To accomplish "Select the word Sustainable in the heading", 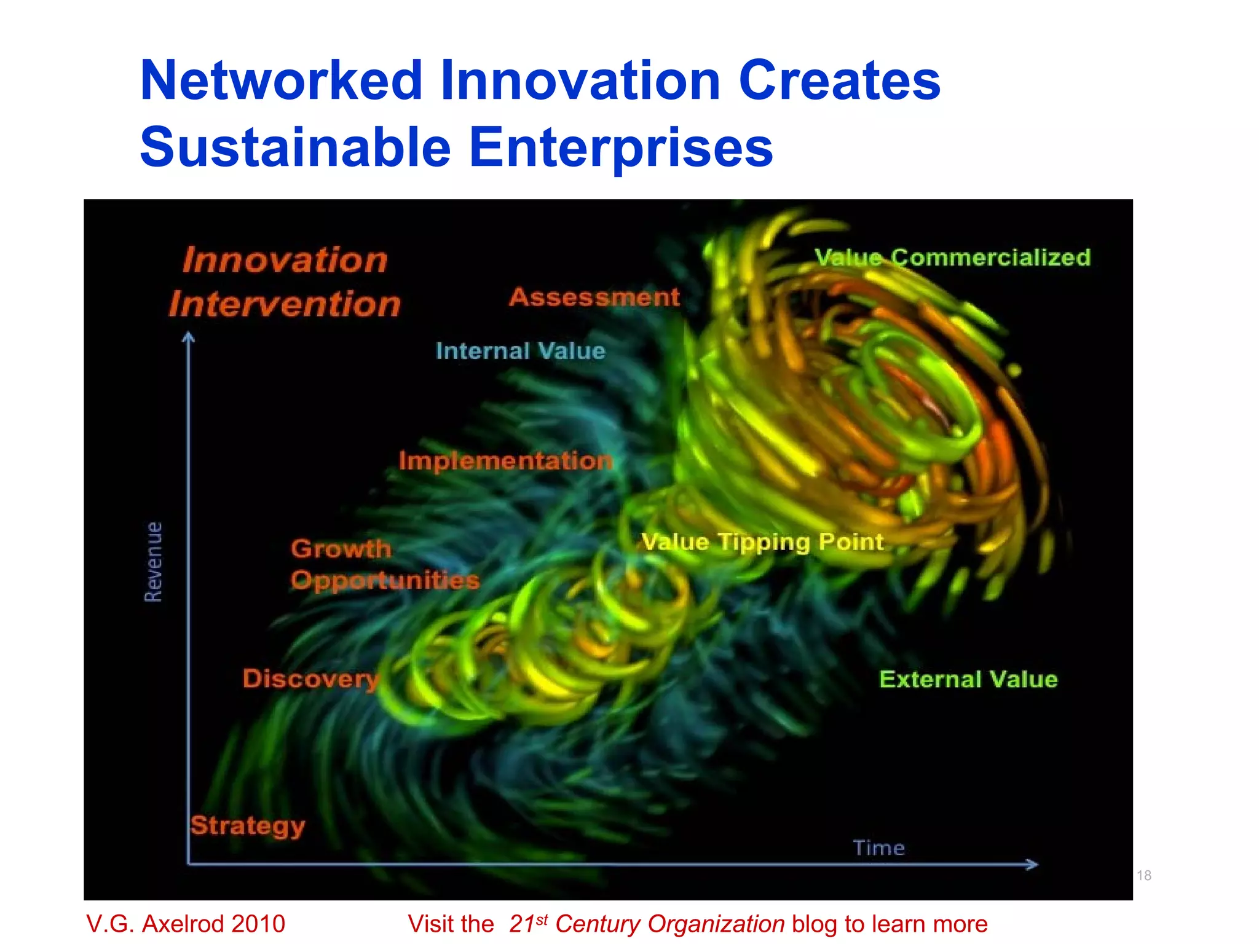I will pos(295,147).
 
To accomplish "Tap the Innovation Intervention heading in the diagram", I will pos(285,282).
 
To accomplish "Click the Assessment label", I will pos(594,297).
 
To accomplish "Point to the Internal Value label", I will pos(521,351).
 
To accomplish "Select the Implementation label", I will pos(505,461).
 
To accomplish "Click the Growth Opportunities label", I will pos(384,564).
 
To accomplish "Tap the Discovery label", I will pos(310,679).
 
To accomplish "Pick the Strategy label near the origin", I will pos(248,826).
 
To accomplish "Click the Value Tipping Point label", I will pos(762,542).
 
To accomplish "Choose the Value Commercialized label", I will pos(953,258).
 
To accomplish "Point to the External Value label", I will pos(968,680).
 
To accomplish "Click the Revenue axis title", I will pos(154,562).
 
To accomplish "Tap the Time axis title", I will pos(879,848).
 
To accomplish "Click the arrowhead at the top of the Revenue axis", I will pos(189,337).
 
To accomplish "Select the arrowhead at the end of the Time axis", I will pos(1033,864).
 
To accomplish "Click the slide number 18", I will pos(1144,875).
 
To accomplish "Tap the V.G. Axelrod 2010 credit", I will pos(186,924).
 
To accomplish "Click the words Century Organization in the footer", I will pos(669,924).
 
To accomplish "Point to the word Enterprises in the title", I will pos(621,147).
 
